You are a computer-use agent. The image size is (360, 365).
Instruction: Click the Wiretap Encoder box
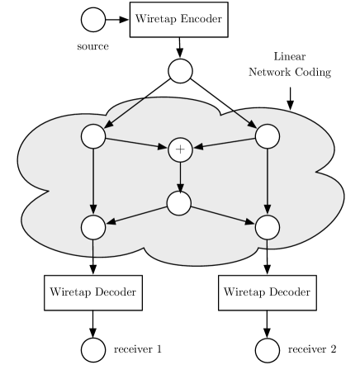(178, 19)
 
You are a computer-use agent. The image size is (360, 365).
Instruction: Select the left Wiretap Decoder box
(92, 292)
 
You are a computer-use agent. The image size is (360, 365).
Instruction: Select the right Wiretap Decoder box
(267, 292)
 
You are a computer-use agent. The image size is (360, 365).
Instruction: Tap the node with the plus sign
(180, 149)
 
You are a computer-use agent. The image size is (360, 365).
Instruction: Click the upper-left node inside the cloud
(92, 136)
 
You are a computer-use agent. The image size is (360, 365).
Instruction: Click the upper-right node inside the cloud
(267, 136)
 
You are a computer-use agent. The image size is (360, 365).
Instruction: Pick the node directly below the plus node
(179, 202)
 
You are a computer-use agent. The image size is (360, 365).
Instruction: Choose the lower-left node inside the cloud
(92, 225)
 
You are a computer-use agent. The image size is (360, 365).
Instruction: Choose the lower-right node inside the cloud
(267, 225)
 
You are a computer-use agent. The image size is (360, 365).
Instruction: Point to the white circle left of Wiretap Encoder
(93, 19)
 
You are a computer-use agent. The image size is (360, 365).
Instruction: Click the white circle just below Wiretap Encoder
(180, 72)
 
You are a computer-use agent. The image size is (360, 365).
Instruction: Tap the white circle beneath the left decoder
(93, 350)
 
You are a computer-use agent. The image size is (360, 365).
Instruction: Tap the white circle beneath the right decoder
(268, 350)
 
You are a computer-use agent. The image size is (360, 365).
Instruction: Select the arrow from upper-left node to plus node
(136, 143)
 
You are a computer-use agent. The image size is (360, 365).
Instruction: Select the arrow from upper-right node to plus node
(224, 143)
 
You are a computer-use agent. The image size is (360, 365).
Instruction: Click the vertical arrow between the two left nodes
(92, 181)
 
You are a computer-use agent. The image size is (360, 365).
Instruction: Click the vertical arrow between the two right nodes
(267, 181)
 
